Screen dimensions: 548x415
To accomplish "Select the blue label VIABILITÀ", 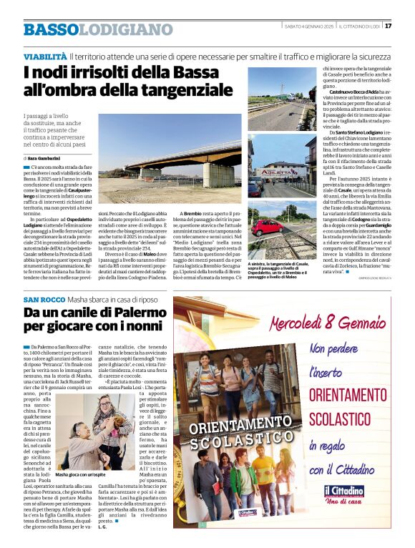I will click(45, 55).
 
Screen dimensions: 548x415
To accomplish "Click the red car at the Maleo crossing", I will click(267, 227).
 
